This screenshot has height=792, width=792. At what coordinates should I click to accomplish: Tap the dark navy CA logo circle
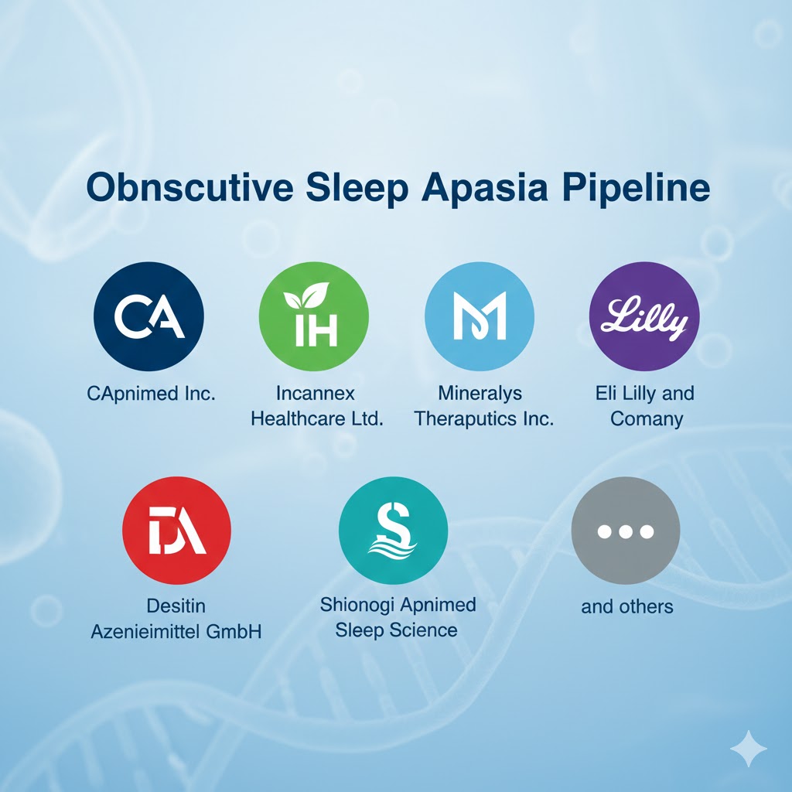pyautogui.click(x=148, y=316)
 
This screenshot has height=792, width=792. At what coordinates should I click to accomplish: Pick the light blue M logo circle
pyautogui.click(x=480, y=317)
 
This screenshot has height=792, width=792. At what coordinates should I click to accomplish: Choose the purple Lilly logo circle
pyautogui.click(x=644, y=317)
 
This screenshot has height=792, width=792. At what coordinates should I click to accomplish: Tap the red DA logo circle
pyautogui.click(x=176, y=530)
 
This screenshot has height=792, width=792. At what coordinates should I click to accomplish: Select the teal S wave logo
pyautogui.click(x=393, y=530)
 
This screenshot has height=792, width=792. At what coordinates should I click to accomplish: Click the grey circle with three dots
pyautogui.click(x=625, y=531)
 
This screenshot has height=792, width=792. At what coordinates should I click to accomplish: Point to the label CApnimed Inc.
pyautogui.click(x=152, y=393)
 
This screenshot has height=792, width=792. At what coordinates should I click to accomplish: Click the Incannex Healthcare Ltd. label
pyautogui.click(x=317, y=406)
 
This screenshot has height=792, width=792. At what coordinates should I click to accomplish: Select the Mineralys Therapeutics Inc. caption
pyautogui.click(x=484, y=406)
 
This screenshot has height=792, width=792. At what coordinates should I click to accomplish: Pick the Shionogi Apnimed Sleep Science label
pyautogui.click(x=398, y=617)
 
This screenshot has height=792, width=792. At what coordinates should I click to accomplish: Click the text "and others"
pyautogui.click(x=627, y=606)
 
